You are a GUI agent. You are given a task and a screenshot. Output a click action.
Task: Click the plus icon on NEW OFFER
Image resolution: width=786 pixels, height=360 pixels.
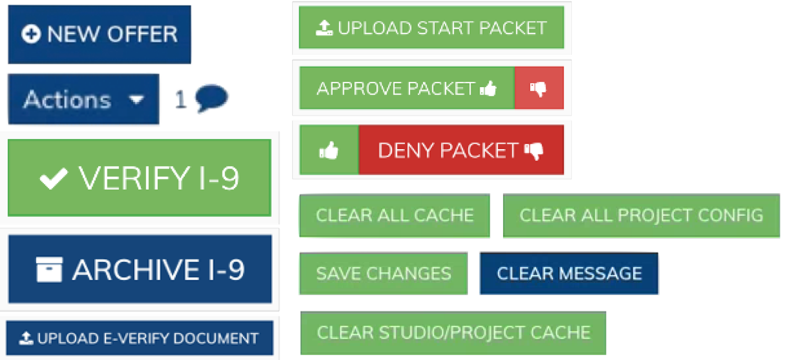(31, 34)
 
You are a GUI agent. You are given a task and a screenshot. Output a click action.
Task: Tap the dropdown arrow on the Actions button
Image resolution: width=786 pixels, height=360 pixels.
(136, 100)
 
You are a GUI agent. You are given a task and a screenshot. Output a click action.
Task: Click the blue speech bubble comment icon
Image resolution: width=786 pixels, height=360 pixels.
(212, 98)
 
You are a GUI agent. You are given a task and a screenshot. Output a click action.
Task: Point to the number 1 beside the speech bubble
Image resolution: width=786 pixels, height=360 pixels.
(180, 99)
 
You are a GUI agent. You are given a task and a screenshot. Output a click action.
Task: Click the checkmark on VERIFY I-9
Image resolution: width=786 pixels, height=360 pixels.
(53, 178)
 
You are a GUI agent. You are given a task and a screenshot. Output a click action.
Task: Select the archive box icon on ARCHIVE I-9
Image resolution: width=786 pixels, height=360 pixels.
(49, 269)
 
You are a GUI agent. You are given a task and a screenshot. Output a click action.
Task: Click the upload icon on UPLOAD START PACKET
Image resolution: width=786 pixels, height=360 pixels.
(324, 28)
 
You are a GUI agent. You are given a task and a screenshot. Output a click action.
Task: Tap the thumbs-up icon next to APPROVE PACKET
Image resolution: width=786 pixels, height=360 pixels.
(488, 89)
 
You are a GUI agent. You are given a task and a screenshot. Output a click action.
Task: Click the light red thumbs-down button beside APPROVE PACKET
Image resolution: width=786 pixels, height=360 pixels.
(539, 88)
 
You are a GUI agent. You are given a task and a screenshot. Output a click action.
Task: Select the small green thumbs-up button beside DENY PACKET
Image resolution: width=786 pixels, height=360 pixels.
(329, 150)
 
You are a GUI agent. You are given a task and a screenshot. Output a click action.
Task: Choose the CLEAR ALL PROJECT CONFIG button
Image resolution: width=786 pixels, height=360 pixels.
(641, 216)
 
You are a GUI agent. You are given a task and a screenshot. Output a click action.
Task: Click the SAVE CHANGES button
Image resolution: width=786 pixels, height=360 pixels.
(384, 274)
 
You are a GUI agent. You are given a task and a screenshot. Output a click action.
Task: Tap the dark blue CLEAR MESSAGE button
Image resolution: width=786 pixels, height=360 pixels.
(569, 274)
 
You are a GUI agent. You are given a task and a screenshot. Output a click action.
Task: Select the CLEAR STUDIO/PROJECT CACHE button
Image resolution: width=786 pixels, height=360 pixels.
(453, 333)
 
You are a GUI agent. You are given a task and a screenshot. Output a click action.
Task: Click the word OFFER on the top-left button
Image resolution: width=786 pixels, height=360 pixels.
(143, 35)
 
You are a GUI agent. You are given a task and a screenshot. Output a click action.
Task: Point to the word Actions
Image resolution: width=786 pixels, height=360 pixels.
(68, 100)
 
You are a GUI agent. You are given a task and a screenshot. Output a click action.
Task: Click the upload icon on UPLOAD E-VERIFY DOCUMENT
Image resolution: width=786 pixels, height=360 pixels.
(26, 338)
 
